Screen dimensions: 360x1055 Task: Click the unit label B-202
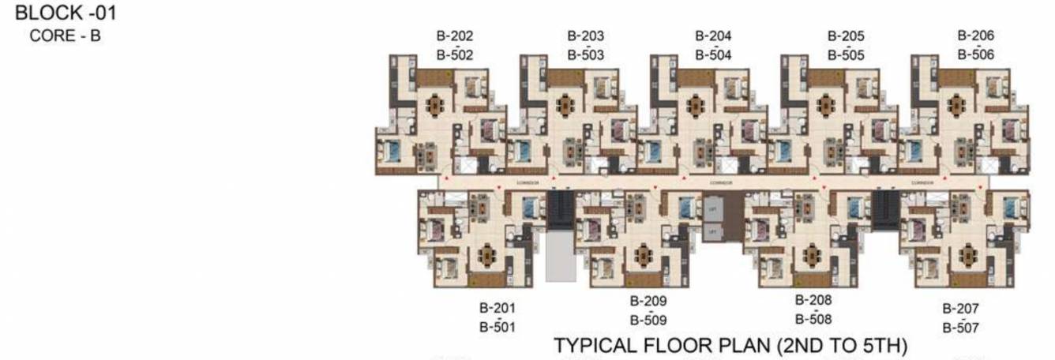[455, 36]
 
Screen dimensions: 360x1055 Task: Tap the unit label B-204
[713, 36]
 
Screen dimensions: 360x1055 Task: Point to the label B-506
[976, 54]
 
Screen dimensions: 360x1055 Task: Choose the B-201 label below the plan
[497, 307]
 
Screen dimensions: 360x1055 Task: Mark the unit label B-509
[648, 320]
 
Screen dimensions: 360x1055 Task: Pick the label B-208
[813, 300]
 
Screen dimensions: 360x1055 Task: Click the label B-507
[960, 327]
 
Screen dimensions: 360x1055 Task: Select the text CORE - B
[65, 36]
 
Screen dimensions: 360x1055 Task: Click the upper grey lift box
[712, 208]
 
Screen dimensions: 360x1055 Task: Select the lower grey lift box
[712, 231]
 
